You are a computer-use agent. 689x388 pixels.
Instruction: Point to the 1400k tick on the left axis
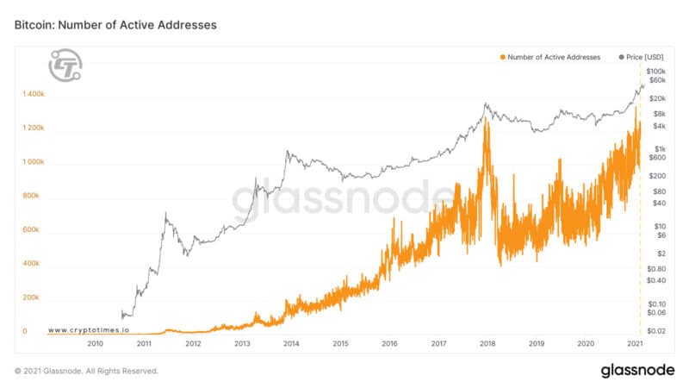(34, 94)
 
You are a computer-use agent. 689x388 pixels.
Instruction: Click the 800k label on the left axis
(32, 196)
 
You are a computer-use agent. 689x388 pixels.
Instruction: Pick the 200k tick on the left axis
(32, 297)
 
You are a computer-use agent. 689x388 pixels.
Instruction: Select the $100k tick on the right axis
(657, 71)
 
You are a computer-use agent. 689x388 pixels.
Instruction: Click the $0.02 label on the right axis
(657, 331)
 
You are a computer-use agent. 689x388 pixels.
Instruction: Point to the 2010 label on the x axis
(95, 343)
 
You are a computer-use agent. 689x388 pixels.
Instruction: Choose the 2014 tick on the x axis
(291, 343)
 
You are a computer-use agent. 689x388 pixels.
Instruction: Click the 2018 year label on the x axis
(487, 343)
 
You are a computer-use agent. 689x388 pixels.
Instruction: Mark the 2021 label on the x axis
(635, 343)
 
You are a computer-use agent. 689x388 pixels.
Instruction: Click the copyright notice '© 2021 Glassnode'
(86, 371)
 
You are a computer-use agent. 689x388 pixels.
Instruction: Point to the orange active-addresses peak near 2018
(487, 121)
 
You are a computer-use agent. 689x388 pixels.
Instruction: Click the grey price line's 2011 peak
(165, 213)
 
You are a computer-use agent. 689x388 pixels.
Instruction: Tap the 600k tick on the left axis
(32, 229)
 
